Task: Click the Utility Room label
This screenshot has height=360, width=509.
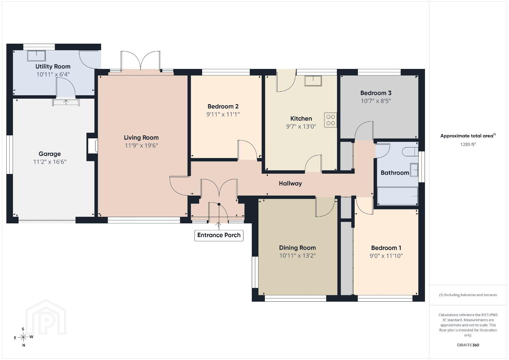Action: tap(53, 67)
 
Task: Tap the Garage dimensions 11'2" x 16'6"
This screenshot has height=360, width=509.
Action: tap(50, 162)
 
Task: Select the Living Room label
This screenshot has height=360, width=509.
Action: tap(141, 138)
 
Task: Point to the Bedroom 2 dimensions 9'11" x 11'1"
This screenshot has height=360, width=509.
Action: tap(223, 114)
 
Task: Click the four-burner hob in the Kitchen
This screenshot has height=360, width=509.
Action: tap(331, 120)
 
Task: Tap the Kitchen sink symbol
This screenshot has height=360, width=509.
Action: tap(313, 81)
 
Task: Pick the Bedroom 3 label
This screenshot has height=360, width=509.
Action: tap(376, 93)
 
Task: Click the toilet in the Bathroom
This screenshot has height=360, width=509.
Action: tap(410, 151)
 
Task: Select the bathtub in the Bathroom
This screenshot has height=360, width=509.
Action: tap(398, 196)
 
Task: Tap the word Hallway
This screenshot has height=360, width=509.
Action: tap(290, 184)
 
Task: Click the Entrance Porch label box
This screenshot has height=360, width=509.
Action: tap(219, 235)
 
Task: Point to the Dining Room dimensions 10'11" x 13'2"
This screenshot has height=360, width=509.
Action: tap(298, 256)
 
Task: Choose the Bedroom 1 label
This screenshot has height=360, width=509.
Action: tap(386, 248)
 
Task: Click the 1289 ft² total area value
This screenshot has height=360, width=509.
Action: tap(468, 144)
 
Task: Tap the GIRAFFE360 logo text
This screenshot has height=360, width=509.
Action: tap(468, 345)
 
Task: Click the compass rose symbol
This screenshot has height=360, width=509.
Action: tap(23, 337)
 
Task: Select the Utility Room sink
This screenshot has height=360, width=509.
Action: tap(36, 56)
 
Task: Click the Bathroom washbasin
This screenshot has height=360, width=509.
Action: tap(414, 170)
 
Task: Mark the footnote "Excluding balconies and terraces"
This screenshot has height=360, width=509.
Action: tap(468, 295)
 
